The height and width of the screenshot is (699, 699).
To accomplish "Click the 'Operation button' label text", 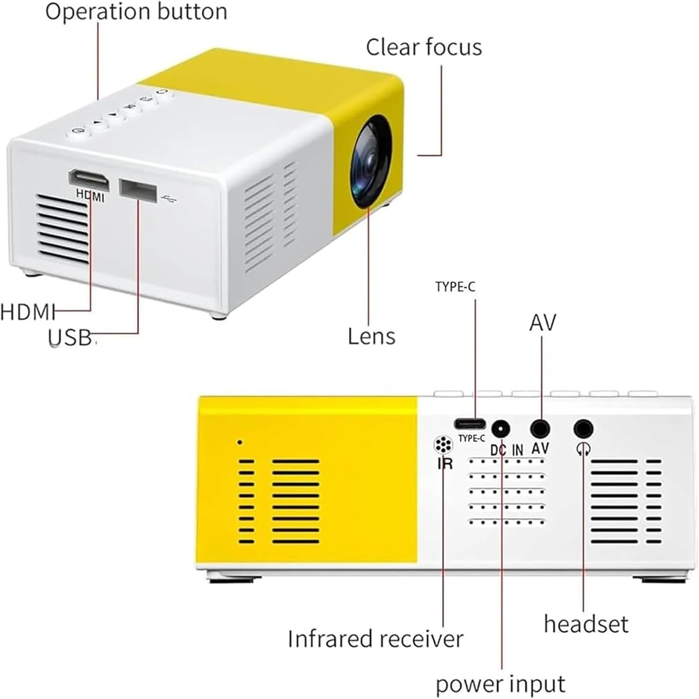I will pos(136,11).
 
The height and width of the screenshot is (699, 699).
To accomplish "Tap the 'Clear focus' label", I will pos(424,47).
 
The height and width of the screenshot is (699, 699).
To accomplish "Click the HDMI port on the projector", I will pos(89,180).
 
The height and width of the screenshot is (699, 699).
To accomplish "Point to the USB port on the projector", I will pos(138,190).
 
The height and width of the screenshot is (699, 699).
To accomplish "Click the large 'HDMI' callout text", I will pos(28,312).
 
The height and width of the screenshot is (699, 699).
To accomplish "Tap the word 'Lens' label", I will pos(371,336).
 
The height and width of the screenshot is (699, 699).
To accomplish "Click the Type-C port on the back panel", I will pos(470,424).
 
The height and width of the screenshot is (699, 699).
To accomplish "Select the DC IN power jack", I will pos(500,428).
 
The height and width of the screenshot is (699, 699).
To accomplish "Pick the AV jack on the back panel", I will pos(540,428).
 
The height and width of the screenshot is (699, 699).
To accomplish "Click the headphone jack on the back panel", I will pos(583,428).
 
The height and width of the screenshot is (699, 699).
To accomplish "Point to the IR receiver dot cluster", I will pos(443,445).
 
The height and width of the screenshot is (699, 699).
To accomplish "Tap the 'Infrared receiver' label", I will pos(376,639).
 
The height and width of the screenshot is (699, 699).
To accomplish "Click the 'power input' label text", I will pos(500,684).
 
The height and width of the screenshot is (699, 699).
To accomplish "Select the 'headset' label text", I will pos(586,624).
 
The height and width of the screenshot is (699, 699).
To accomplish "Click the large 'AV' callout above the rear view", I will pos(542,322).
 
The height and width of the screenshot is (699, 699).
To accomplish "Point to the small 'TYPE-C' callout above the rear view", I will pos(455,287).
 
